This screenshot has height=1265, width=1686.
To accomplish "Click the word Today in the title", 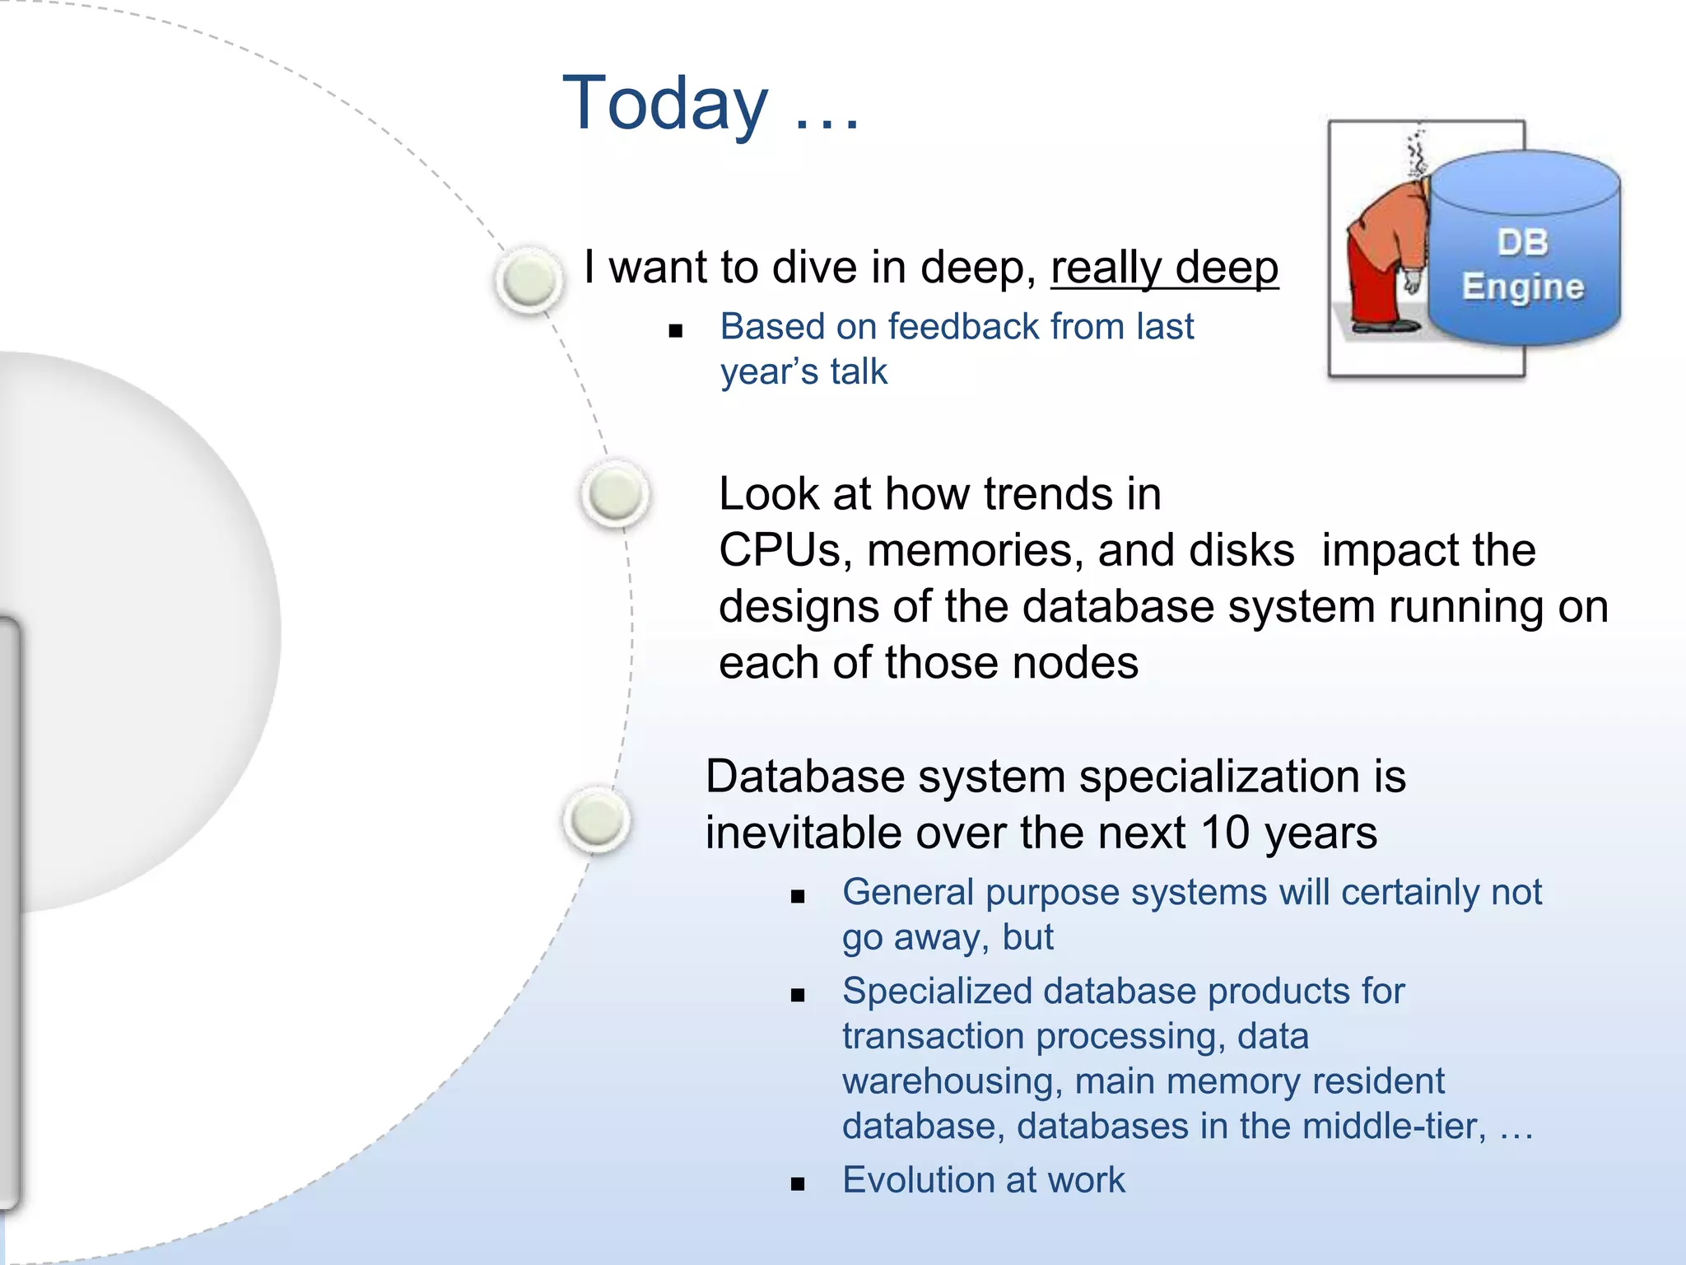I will tap(665, 104).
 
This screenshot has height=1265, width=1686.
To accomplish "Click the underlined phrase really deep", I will tap(1164, 268).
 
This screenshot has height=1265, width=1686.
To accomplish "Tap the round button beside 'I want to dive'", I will tap(529, 280).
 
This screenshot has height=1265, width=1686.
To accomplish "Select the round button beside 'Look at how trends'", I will tap(615, 494).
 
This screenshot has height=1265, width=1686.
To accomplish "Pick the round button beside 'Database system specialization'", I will tap(597, 819).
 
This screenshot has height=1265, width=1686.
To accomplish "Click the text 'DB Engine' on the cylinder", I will tap(1523, 265).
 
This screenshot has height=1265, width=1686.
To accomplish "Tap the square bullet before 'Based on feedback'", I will tap(676, 332).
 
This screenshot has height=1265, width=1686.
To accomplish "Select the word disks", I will tap(1241, 550).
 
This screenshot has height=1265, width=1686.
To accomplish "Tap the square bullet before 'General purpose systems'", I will tap(797, 897).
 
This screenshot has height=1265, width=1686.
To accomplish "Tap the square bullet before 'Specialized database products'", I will tap(797, 996).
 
